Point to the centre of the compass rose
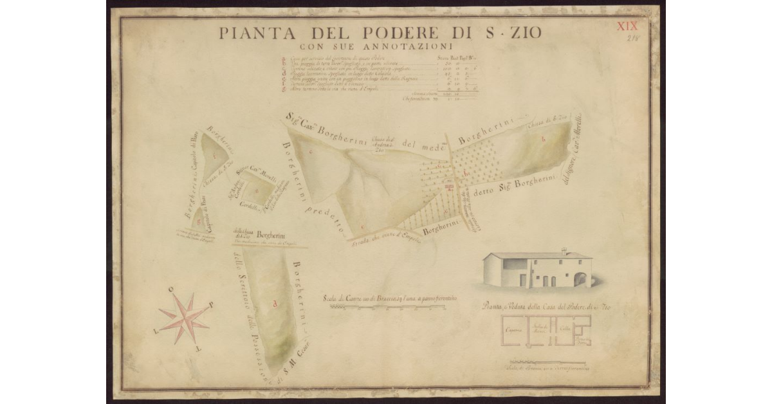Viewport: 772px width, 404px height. (184, 318)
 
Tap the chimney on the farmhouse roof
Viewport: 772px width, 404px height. (564, 250)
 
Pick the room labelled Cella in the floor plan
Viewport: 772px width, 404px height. (563, 328)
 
